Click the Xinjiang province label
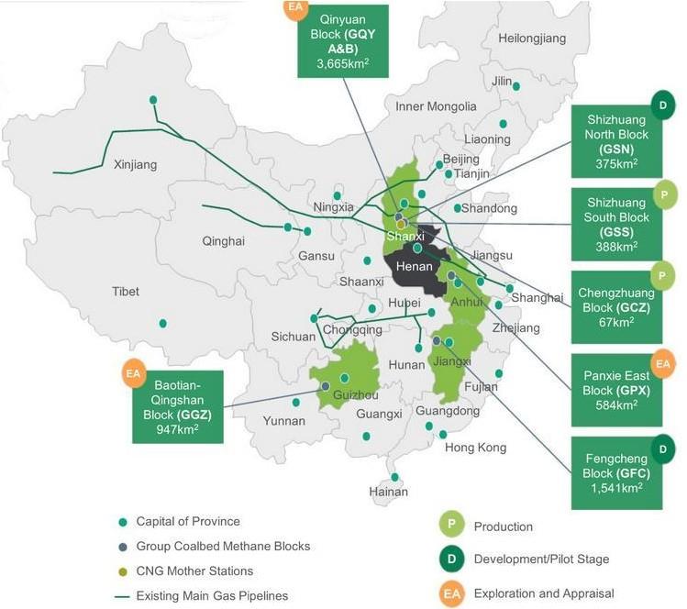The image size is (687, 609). pyautogui.click(x=135, y=165)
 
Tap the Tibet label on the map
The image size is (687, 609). pyautogui.click(x=126, y=292)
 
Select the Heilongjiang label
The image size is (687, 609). pyautogui.click(x=532, y=39)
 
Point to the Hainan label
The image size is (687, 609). pyautogui.click(x=388, y=492)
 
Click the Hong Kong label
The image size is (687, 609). pyautogui.click(x=475, y=448)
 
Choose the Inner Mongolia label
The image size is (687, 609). pyautogui.click(x=436, y=106)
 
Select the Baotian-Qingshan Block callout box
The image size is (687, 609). pyautogui.click(x=178, y=404)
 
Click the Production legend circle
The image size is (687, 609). pyautogui.click(x=451, y=526)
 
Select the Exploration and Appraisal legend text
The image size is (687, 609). pyautogui.click(x=543, y=593)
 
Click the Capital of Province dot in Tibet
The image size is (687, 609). pyautogui.click(x=162, y=323)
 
